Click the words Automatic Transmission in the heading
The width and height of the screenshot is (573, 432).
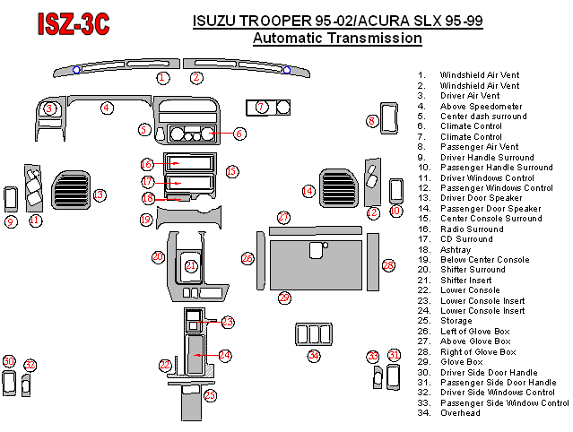337,39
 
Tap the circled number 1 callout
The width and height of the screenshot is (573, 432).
162,78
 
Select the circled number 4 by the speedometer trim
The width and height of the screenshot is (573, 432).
107,108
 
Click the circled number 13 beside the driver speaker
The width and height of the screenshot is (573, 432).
100,194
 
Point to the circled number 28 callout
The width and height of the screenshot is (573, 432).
388,265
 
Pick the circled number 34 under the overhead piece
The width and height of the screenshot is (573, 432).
314,356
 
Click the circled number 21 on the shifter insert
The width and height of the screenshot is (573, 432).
191,265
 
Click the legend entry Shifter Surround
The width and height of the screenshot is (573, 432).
472,270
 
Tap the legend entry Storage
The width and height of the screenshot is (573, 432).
456,321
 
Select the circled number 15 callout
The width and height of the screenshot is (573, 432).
231,171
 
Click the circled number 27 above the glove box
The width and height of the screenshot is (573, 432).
283,218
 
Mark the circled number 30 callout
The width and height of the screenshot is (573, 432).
9,361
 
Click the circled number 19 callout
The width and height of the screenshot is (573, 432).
146,219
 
